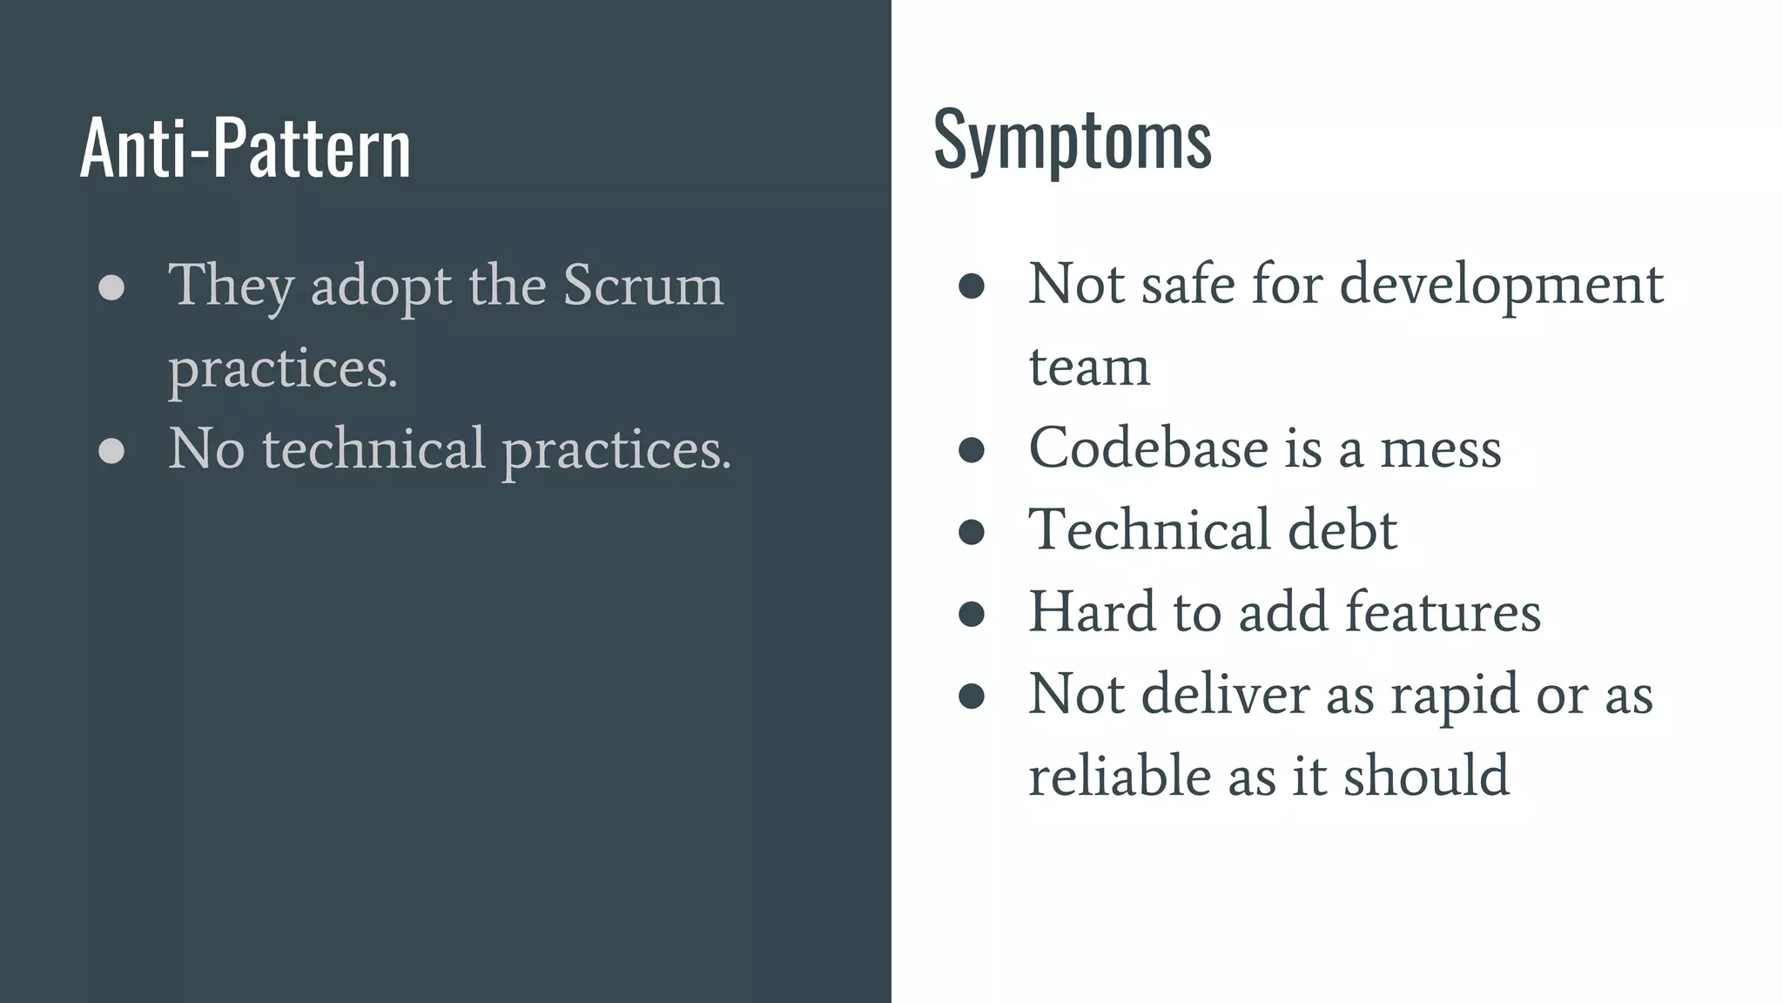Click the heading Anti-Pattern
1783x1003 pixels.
pos(245,148)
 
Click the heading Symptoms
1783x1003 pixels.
pos(1072,139)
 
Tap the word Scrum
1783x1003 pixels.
pos(643,285)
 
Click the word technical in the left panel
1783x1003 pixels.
pos(373,449)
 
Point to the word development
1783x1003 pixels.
pos(1501,286)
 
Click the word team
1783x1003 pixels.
pos(1089,367)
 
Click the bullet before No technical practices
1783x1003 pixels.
pos(111,450)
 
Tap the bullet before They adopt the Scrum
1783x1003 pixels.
pos(111,286)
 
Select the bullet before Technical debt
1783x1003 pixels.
pos(971,531)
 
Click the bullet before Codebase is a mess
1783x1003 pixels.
pos(971,449)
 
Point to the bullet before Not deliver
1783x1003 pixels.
pos(971,695)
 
